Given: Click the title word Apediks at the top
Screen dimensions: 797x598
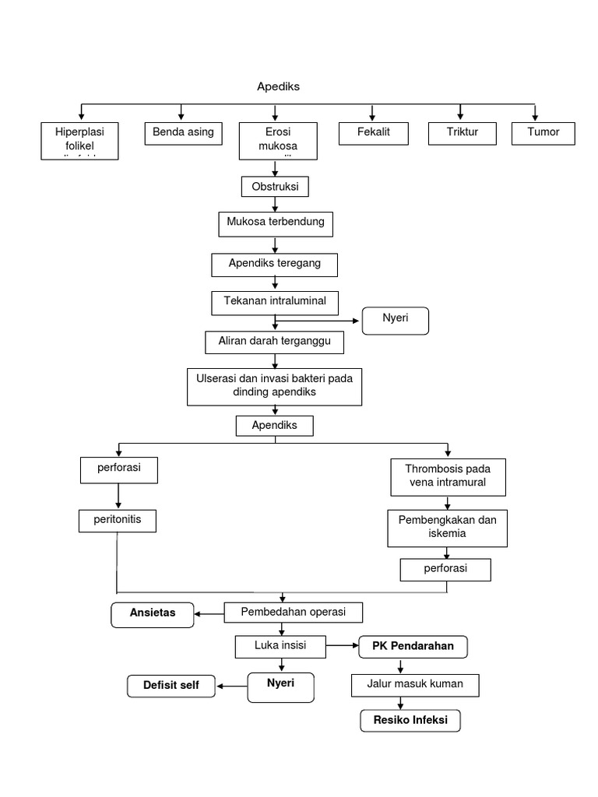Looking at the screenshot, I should (278, 86).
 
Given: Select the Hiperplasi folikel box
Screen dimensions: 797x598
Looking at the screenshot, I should (79, 140).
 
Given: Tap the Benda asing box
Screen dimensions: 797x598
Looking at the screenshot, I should (183, 133).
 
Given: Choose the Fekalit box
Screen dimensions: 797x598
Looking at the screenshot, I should (373, 133).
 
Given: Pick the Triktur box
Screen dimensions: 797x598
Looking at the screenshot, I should (463, 133).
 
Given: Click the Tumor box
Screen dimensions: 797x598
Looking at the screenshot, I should (543, 133).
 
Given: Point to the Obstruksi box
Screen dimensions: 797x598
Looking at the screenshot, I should (275, 188).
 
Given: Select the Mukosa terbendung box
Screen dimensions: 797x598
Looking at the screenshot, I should (275, 223).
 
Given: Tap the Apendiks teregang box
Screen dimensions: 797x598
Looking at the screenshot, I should (275, 264).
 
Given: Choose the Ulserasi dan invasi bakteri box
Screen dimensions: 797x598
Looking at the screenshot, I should (274, 386).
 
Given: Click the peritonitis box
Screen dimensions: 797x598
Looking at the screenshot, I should (118, 521).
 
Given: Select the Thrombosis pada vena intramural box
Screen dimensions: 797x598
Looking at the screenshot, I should (448, 476).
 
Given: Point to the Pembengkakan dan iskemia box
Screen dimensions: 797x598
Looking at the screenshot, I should (447, 528).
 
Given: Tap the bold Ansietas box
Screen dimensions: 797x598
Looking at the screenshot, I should (153, 613).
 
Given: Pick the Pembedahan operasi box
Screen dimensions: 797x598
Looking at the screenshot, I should (294, 613).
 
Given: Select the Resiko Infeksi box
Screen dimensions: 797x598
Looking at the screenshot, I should (410, 721).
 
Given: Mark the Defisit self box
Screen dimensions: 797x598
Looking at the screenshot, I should (171, 686).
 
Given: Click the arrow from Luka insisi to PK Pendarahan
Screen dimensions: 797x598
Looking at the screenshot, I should (342, 646).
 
